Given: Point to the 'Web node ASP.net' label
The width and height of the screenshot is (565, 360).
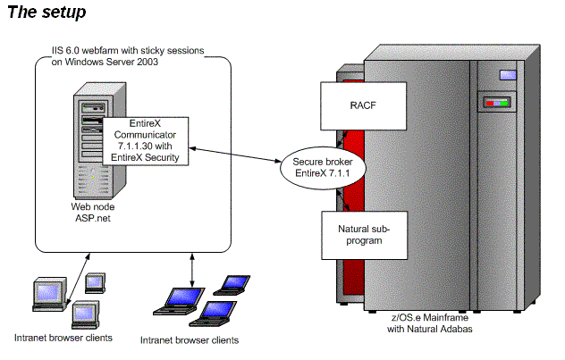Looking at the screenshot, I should coord(93,212).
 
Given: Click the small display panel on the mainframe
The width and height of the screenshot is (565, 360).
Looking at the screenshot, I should coord(497,103).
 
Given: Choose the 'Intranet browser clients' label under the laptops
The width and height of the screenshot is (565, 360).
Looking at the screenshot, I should coord(190,340).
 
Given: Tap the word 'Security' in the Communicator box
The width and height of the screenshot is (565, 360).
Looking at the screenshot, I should coord(167,157).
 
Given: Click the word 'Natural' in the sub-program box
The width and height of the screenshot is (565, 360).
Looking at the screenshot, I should coord(349,229).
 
